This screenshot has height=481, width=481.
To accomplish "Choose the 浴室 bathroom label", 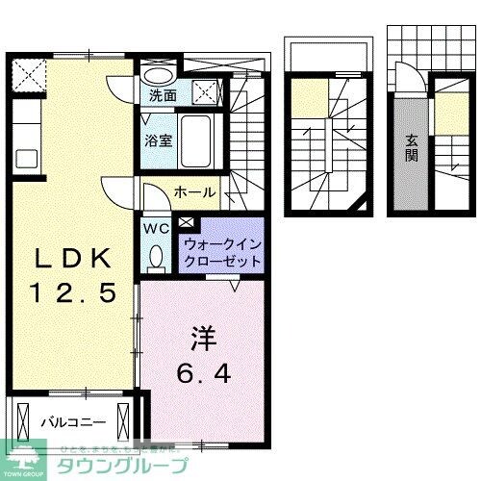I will [x=159, y=139].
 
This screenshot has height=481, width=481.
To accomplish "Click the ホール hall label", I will [x=194, y=192].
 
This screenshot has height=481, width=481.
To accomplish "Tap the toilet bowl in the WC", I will [x=156, y=255].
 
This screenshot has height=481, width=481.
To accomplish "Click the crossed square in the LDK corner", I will [x=27, y=74].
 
